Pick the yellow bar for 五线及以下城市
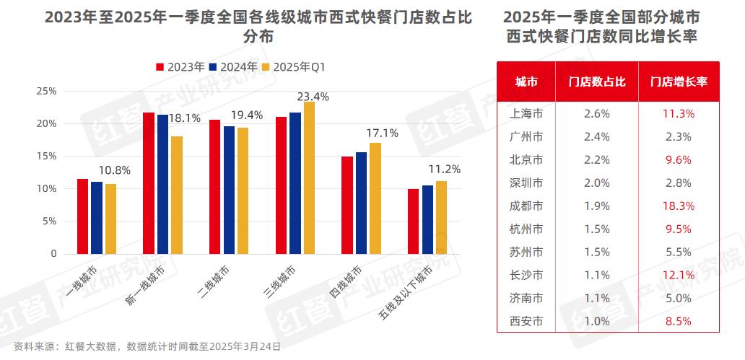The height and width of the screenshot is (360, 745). click(441, 217)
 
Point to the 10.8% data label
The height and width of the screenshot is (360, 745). click(115, 171)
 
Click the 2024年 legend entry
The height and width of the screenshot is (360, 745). click(233, 66)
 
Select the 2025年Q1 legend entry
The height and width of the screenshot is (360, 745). click(297, 66)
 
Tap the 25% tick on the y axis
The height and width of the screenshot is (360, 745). click(46, 91)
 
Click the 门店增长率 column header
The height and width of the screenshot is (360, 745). click(678, 82)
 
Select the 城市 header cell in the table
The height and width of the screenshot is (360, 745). click(526, 82)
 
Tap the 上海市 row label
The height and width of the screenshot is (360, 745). click(526, 113)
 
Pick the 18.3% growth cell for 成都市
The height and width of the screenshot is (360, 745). click(678, 206)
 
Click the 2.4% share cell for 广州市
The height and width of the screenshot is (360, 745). click(596, 136)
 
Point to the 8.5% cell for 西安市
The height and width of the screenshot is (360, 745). click(678, 321)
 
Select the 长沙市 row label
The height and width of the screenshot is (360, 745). click(526, 275)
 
